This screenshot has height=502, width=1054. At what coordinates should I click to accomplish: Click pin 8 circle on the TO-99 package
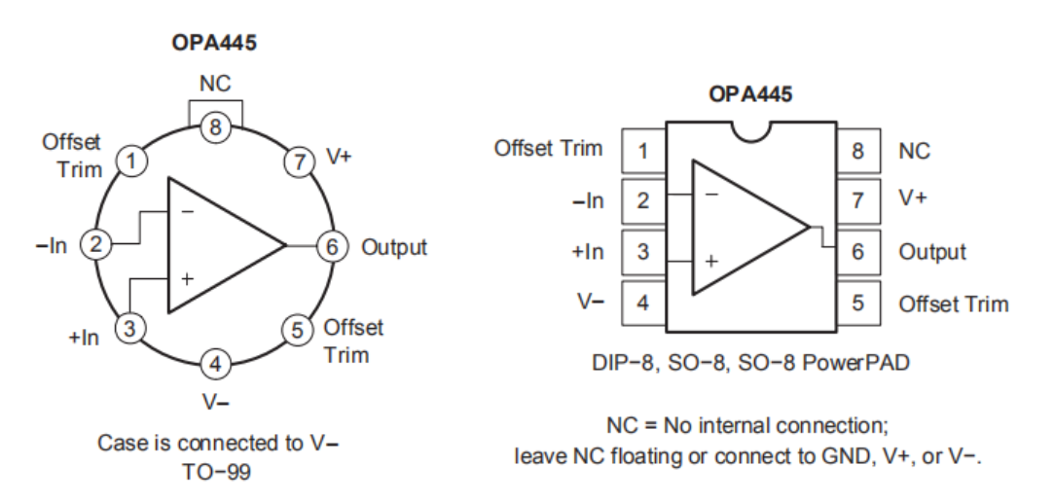tap(216, 126)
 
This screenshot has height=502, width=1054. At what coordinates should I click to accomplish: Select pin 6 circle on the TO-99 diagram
tap(332, 247)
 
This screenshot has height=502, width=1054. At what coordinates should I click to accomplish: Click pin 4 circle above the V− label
tap(216, 366)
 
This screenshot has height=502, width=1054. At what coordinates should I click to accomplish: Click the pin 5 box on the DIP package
tap(856, 303)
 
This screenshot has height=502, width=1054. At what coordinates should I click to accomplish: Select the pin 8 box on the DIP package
tap(856, 152)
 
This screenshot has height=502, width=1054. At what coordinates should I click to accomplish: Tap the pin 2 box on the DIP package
tap(643, 201)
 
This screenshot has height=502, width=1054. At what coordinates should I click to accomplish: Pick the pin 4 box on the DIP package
tap(643, 303)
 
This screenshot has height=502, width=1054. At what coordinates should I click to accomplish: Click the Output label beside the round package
tap(394, 247)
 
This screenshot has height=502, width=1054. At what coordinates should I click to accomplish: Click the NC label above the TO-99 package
tap(216, 85)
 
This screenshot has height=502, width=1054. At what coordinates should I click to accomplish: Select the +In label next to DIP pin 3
tap(587, 252)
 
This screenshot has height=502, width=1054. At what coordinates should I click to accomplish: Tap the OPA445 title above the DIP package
tap(749, 96)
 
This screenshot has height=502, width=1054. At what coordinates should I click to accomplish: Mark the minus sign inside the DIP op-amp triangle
tap(712, 195)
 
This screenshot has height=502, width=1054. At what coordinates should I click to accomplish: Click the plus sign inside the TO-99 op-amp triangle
tap(187, 279)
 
